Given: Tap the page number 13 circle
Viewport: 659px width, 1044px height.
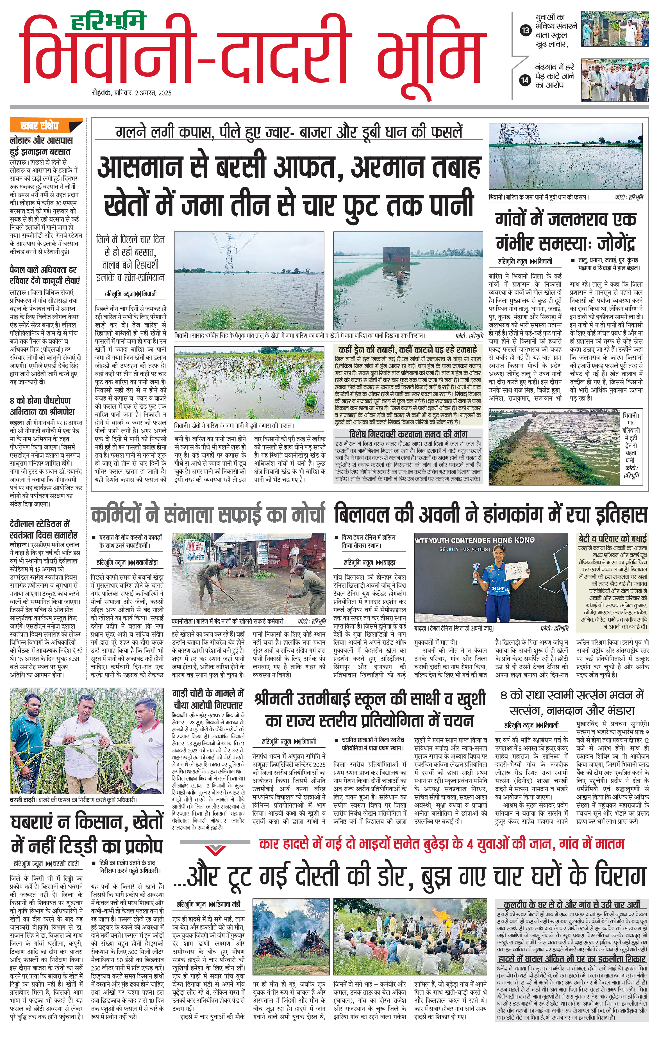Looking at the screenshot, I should pyautogui.click(x=525, y=30).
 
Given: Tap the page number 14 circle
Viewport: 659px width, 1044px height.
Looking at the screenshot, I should pyautogui.click(x=525, y=80).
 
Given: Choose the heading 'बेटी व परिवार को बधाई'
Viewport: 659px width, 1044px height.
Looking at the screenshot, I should pyautogui.click(x=613, y=539).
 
